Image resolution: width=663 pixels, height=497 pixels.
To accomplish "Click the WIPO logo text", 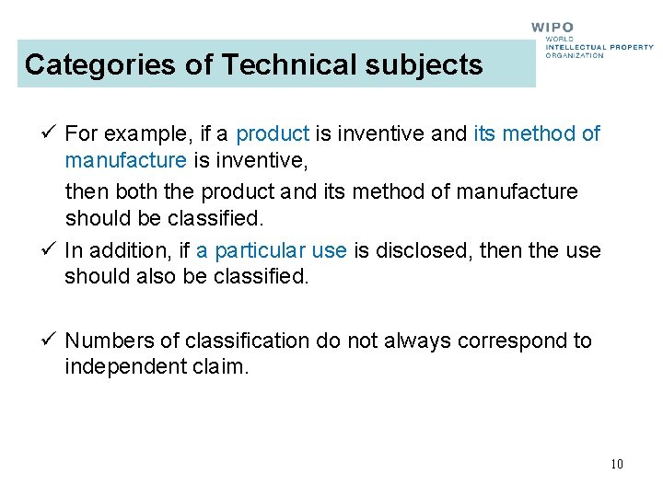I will (x=552, y=28).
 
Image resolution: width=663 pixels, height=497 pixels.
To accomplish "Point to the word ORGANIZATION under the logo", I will (x=575, y=55).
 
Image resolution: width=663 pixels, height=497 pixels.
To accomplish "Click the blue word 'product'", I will (x=273, y=134).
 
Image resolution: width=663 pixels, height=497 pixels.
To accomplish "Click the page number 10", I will (x=616, y=464).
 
